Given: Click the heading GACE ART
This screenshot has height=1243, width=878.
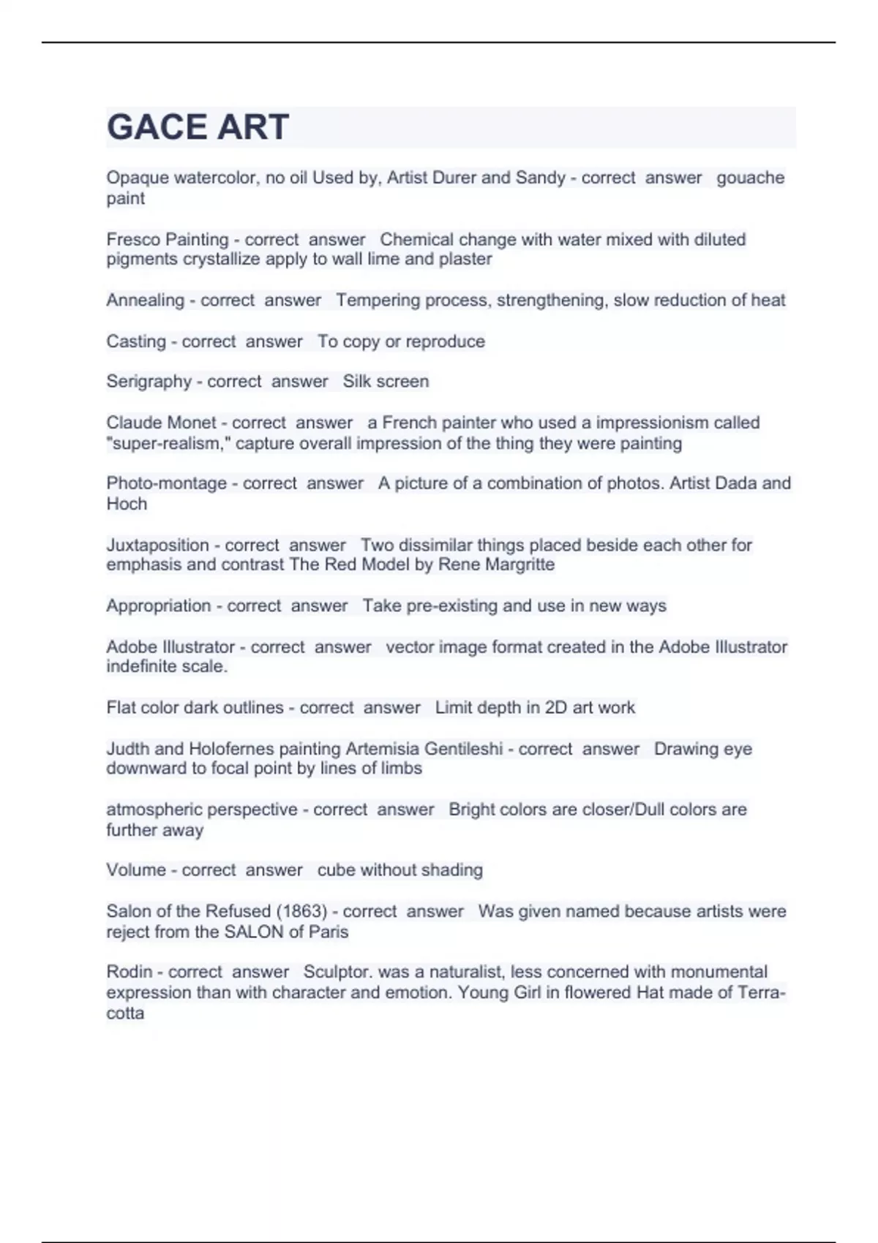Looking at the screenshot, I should (198, 127).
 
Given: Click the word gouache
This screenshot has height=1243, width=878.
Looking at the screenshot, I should (750, 178).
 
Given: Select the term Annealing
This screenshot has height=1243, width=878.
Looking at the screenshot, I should (145, 301).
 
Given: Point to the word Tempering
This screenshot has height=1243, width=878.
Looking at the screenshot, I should (374, 300).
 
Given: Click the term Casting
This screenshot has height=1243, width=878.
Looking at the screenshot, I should (136, 341).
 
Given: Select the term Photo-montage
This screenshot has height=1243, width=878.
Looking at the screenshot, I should (166, 483).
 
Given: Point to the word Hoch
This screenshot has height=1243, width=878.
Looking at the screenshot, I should (127, 504).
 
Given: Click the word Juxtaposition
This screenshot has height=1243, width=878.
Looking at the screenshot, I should (157, 545).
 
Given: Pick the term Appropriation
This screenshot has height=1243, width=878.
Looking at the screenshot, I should (159, 606).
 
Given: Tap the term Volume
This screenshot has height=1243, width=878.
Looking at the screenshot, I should (136, 870).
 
